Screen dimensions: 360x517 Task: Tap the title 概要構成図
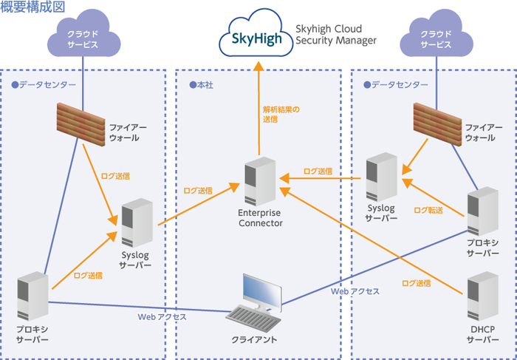tap(33, 7)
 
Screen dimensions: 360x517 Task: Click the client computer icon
tap(256, 308)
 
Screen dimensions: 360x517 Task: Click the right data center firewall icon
tap(437, 121)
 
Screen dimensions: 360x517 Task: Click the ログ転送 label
tap(428, 211)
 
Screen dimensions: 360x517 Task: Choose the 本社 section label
tap(201, 84)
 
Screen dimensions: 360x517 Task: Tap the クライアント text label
tap(254, 339)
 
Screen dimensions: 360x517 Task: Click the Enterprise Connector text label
tap(260, 217)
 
